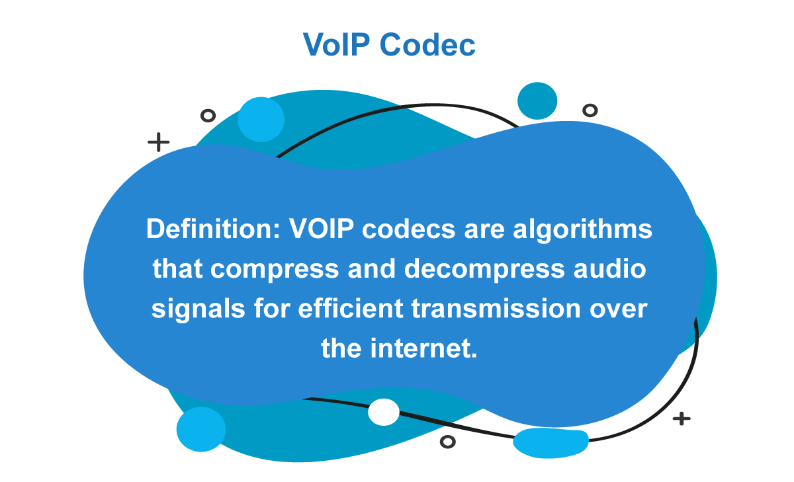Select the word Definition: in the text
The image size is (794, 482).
click(213, 230)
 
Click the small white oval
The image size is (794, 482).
click(384, 412)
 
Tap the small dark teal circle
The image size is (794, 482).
click(537, 101)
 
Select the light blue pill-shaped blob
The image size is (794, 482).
click(551, 442)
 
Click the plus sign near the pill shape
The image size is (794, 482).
click(681, 419)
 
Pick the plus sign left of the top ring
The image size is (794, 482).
click(158, 142)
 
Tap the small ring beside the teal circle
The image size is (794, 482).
click(590, 110)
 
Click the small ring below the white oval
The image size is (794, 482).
click(448, 441)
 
